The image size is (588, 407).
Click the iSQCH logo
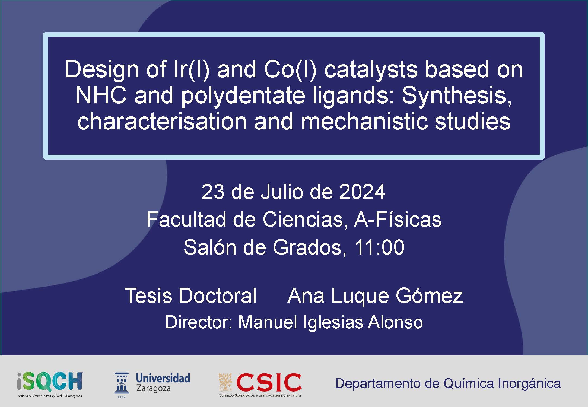(50, 384)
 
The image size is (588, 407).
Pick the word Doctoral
(217, 295)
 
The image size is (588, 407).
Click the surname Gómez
(429, 295)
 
